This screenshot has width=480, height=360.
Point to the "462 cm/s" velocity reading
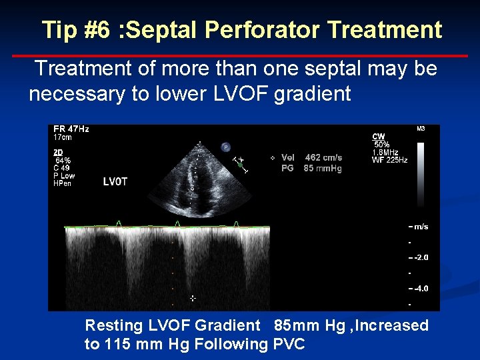point(323,158)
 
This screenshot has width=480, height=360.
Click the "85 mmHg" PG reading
point(323,168)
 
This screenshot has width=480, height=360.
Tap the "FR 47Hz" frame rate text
point(71,129)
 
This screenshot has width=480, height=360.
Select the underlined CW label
point(379,137)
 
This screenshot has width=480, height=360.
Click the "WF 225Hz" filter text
point(389,160)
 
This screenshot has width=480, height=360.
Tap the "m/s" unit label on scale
point(421,227)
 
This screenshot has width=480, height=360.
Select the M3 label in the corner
point(421,129)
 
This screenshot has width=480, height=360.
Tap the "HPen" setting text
point(62,183)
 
